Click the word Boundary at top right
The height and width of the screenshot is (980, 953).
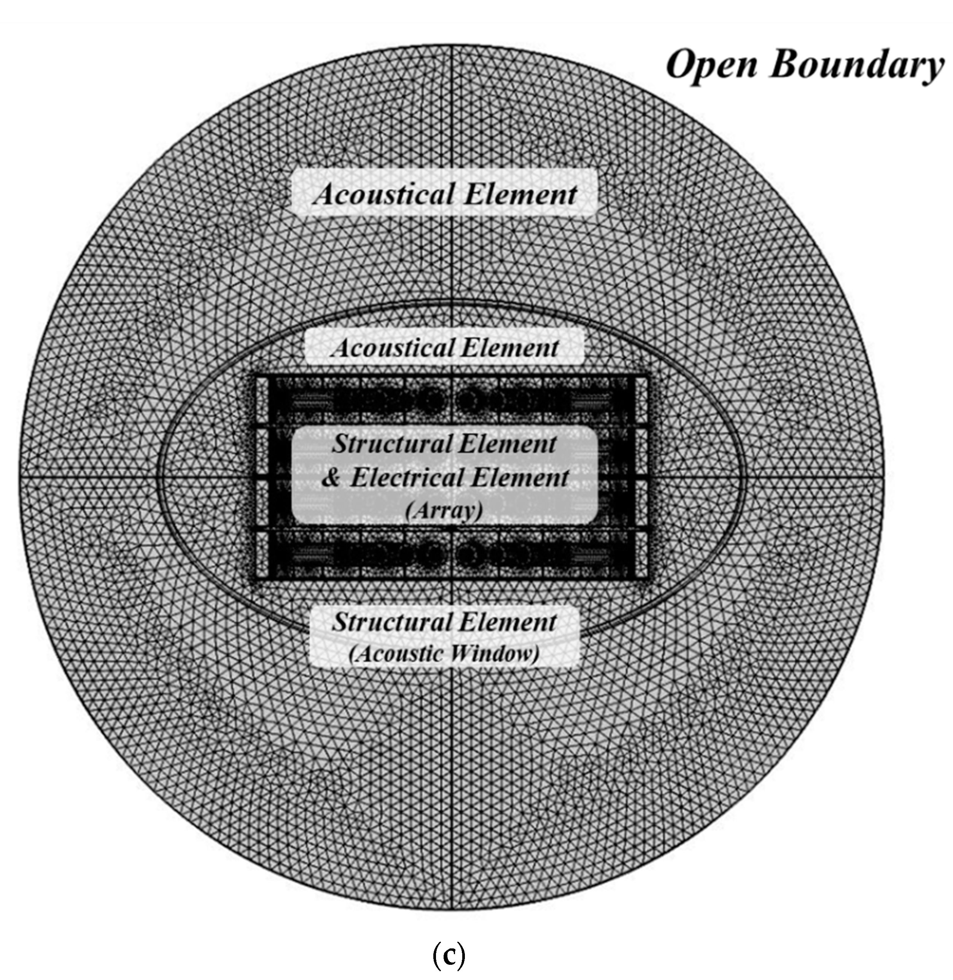[x=856, y=66]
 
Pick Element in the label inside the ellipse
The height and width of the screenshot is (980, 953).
[x=509, y=347]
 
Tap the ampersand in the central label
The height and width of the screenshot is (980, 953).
[x=331, y=478]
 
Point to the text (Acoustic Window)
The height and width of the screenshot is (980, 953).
[x=444, y=654]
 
